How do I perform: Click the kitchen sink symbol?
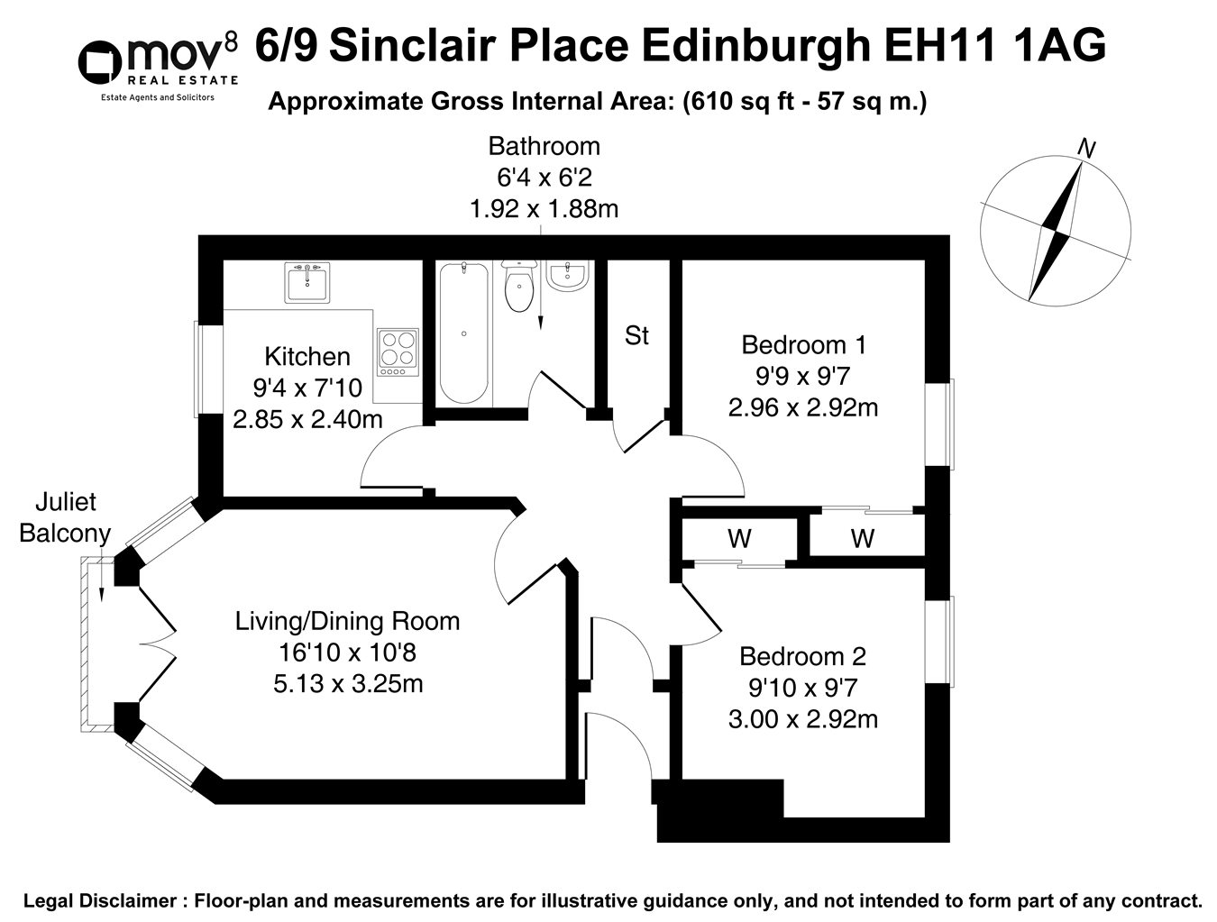click(308, 283)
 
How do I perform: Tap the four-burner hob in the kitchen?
click(398, 352)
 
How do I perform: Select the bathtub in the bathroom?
click(463, 333)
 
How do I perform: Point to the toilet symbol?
click(519, 286)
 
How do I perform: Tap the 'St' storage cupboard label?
click(636, 336)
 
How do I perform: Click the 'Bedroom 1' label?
click(803, 344)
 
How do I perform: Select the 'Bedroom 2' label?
click(802, 656)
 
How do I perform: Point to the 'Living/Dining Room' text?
click(347, 621)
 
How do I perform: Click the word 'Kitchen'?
click(307, 357)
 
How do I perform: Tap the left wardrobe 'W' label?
click(739, 539)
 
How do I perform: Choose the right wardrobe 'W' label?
click(863, 539)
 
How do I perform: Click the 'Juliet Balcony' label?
click(64, 517)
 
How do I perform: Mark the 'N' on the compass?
click(1087, 149)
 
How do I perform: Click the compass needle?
click(1056, 230)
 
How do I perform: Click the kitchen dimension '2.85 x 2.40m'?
click(307, 419)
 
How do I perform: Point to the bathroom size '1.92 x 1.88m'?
click(544, 209)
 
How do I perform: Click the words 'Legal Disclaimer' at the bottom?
click(100, 900)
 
